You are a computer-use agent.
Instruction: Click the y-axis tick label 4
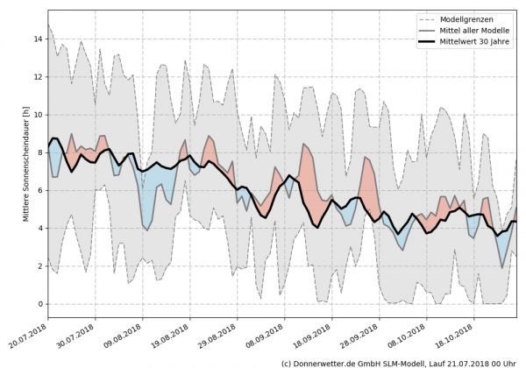tap(39, 229)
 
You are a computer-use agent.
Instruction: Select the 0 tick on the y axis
tap(39, 304)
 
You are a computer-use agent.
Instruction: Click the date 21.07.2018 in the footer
tap(470, 362)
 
